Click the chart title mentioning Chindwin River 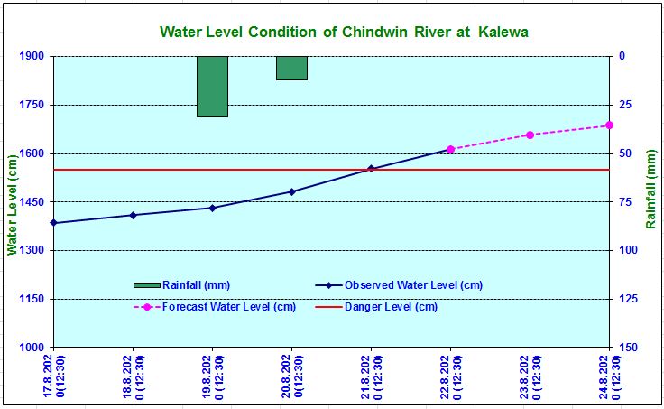[344, 32]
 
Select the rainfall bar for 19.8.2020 [213, 87]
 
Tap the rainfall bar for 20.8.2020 [291, 68]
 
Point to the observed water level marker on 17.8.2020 [54, 222]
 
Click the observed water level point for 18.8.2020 [134, 215]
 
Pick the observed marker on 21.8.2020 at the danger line [371, 168]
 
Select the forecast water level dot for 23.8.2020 [530, 135]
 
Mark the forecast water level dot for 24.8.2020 [609, 125]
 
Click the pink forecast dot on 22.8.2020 [450, 149]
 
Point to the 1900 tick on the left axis [32, 56]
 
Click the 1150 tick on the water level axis [32, 299]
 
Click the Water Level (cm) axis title [13, 201]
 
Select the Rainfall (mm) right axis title [650, 190]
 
